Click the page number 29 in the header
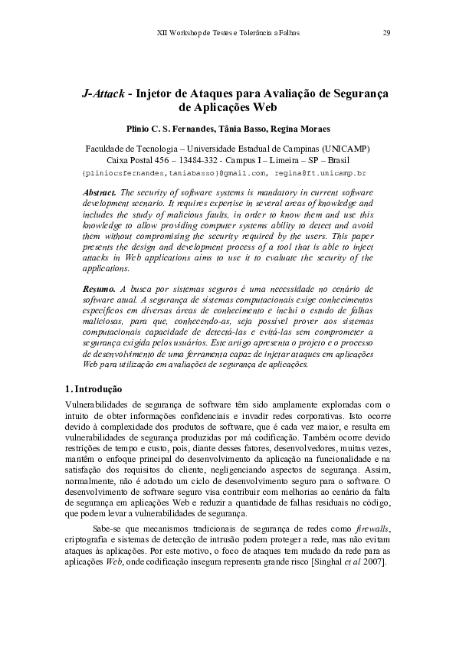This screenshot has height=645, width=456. pos(386,34)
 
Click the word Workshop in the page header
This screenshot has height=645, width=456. pos(187,34)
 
